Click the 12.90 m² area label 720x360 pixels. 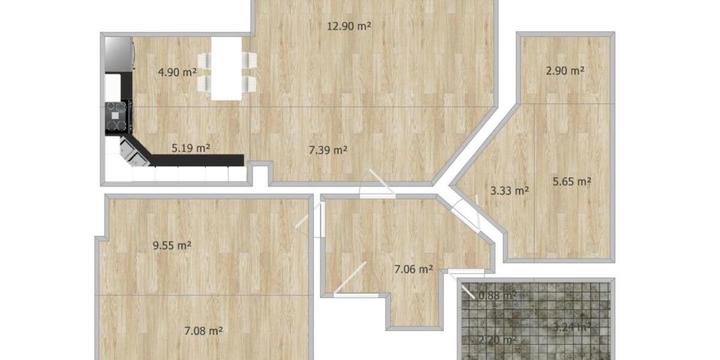tap(349, 26)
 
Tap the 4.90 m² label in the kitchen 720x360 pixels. tap(177, 73)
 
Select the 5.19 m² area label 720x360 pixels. tap(190, 148)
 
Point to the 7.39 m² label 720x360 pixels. tap(328, 150)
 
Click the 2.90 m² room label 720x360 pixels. tap(565, 70)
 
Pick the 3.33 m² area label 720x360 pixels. tap(509, 191)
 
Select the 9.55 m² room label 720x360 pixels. tap(172, 245)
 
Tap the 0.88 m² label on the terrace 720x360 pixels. tap(497, 295)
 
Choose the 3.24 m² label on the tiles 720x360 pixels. tap(571, 327)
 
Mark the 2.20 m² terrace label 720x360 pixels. tap(499, 340)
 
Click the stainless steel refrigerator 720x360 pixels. tap(119, 54)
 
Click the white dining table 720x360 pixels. tap(227, 68)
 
